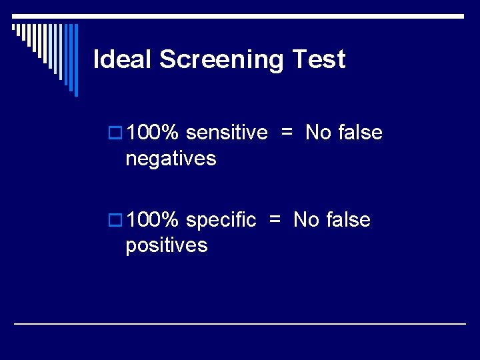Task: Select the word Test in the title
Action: [319, 60]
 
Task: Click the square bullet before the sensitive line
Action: [115, 133]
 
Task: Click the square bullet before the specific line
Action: [115, 220]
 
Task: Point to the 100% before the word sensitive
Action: [153, 133]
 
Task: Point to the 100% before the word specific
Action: [153, 219]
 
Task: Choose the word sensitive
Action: [227, 133]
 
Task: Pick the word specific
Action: [221, 220]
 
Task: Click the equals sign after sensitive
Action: [287, 133]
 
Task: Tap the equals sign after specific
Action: [275, 219]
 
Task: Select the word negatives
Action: [171, 159]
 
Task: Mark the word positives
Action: [167, 245]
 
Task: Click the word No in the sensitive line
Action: [318, 133]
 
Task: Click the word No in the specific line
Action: [306, 219]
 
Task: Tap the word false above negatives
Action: [360, 133]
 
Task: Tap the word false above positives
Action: [348, 219]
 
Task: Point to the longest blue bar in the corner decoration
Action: [75, 60]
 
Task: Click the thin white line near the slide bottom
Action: [240, 323]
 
